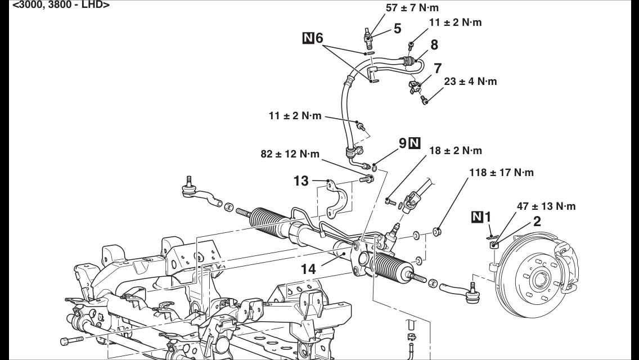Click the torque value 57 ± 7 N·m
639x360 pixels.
pos(412,8)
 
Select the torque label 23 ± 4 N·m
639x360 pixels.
pos(470,82)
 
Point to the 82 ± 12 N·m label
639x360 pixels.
pos(289,154)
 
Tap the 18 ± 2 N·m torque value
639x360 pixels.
pos(455,151)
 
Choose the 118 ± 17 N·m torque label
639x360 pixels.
pos(501,172)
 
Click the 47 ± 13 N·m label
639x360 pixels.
pos(546,206)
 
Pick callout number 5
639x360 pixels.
pos(398,29)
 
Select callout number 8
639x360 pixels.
pos(434,44)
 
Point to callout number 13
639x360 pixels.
pos(301,181)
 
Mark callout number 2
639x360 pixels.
pos(537,221)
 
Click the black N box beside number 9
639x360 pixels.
pos(415,143)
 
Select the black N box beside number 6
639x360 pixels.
pos(308,38)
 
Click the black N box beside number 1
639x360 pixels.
pos(476,217)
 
